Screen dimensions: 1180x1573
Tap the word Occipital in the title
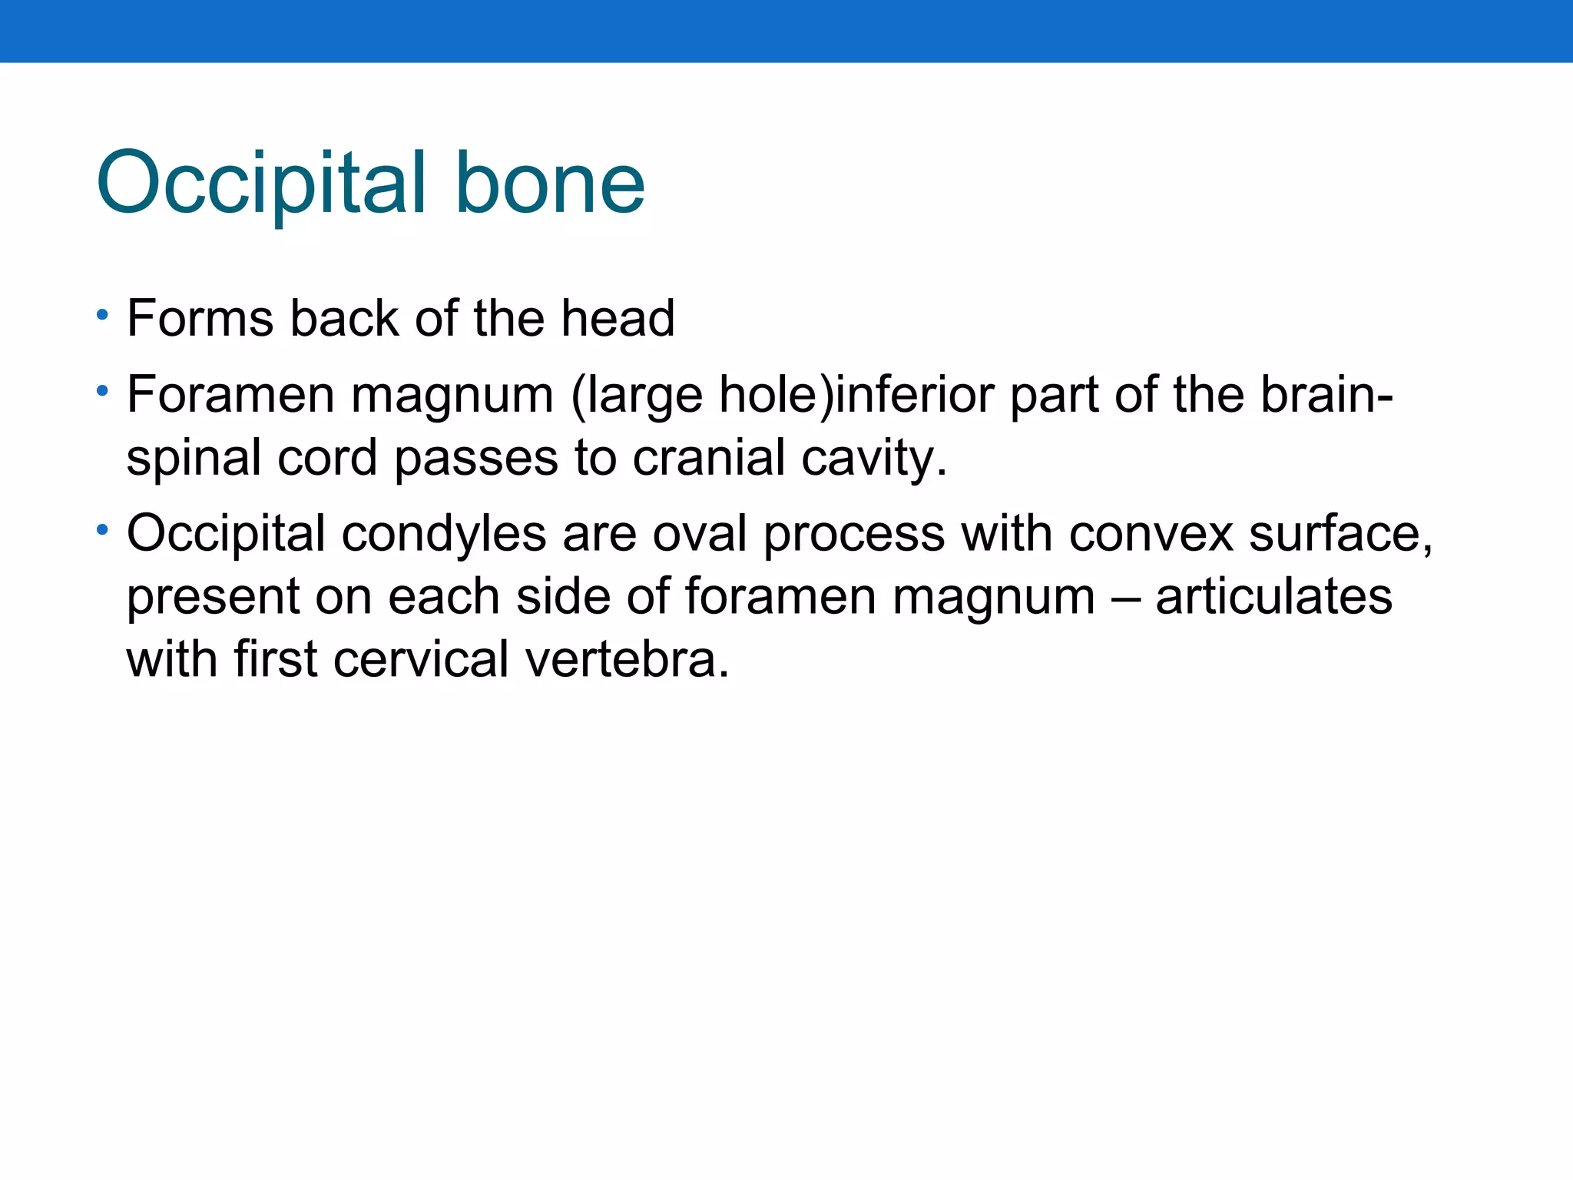coord(261,184)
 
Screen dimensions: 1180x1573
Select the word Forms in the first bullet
coord(200,318)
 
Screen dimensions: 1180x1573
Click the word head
coord(618,318)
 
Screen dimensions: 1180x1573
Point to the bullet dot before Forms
coord(102,315)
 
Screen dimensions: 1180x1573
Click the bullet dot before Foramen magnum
coord(102,392)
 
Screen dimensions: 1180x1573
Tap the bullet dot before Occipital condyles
coord(102,530)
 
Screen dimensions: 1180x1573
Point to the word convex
coord(1151,535)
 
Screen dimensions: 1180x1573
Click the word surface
coord(1340,533)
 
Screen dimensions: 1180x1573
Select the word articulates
coord(1273,597)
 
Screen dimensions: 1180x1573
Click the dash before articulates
coord(1125,598)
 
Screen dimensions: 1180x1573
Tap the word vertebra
coord(627,660)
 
